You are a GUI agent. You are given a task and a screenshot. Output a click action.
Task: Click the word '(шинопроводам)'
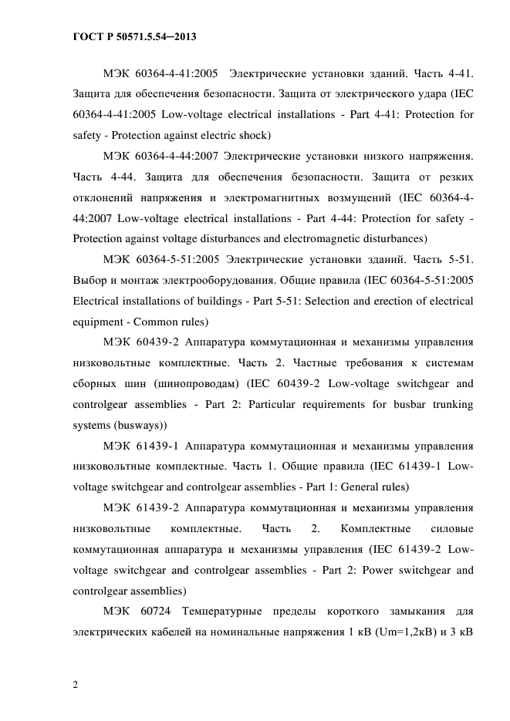[x=198, y=384]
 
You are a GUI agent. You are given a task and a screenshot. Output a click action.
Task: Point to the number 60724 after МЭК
[x=150, y=612]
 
